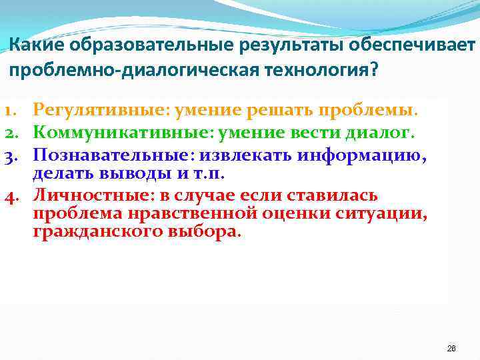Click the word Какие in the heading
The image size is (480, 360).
(34, 44)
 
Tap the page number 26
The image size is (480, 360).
(451, 349)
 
